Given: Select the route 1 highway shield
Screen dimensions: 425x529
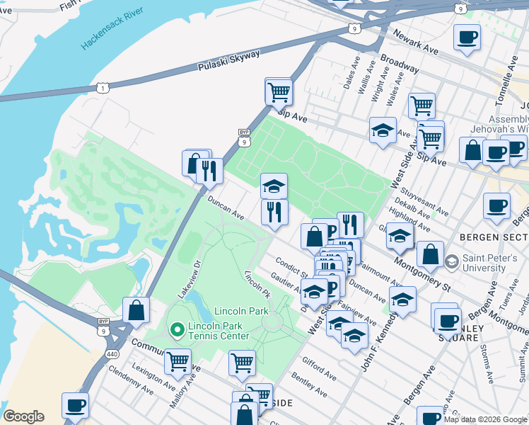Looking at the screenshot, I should [x=104, y=87].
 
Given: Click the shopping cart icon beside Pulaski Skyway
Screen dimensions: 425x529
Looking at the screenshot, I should [x=279, y=91].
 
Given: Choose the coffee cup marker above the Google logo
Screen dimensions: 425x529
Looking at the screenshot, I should [x=75, y=406].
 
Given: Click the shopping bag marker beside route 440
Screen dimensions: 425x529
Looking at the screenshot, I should [x=136, y=310].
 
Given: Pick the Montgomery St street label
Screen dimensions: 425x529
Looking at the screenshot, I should [x=422, y=273].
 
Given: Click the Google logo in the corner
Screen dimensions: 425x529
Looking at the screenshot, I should [x=23, y=416].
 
